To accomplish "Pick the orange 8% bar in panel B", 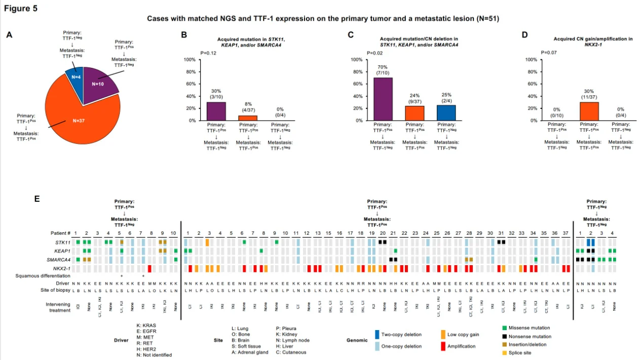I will tap(248, 118).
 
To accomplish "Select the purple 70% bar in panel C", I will tap(383, 99).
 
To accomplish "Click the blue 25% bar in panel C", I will tap(446, 113).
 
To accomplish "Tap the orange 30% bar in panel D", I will tap(588, 111).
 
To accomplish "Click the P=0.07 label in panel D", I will tap(549, 52).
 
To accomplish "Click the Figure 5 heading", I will tap(21, 8).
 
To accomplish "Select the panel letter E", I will tap(37, 199).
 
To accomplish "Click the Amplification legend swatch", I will tap(444, 346).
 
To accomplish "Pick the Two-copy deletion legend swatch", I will tap(377, 334).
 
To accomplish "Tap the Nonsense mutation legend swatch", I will tap(505, 336).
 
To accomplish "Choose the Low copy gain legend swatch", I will tap(444, 334).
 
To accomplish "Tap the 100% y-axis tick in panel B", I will tap(189, 59).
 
